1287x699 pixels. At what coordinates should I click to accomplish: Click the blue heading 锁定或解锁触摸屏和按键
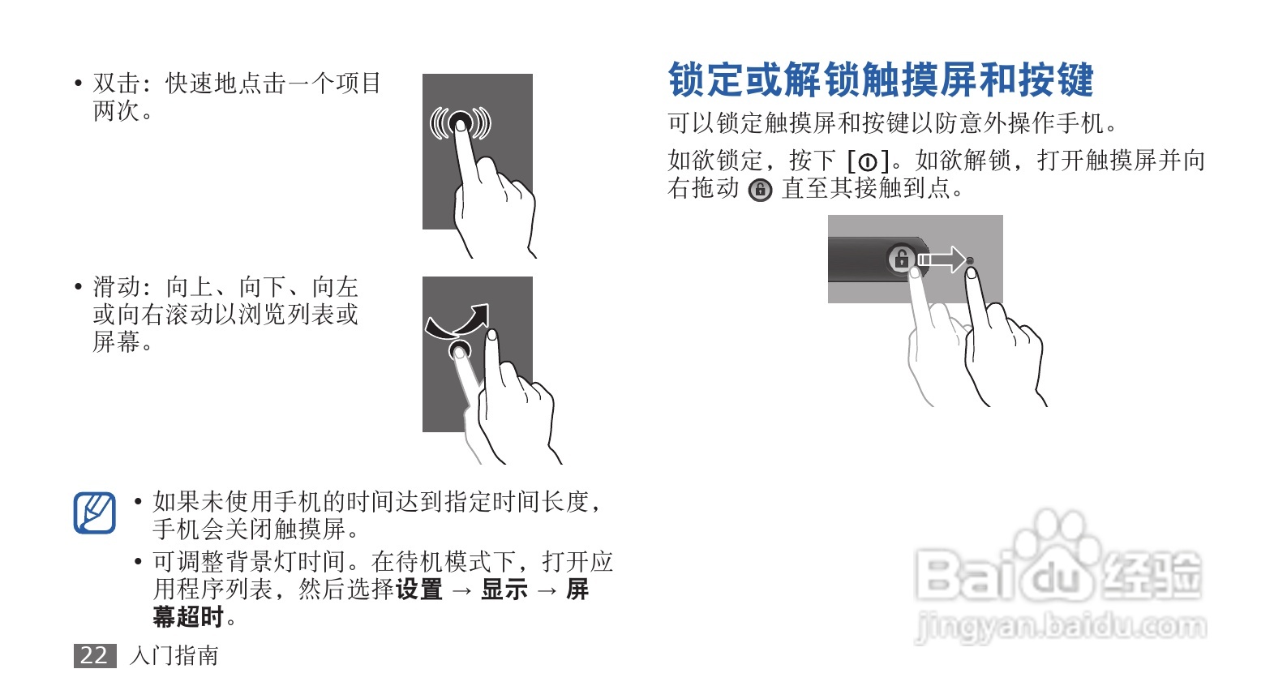[881, 79]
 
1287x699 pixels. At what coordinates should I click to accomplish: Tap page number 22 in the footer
[94, 655]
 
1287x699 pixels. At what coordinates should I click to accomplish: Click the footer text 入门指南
[174, 655]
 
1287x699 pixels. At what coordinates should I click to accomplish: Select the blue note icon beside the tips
[95, 512]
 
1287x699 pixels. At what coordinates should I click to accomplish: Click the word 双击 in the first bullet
[117, 84]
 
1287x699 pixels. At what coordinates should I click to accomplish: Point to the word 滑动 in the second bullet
[117, 286]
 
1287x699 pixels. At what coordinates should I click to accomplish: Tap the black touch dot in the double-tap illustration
[460, 122]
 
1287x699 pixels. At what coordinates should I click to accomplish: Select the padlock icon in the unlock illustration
[902, 259]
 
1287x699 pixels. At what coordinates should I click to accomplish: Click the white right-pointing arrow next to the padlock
[942, 259]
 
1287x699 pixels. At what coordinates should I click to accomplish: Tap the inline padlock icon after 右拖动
[760, 190]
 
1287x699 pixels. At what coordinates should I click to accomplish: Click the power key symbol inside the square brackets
[868, 162]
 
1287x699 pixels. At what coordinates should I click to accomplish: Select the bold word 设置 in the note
[418, 590]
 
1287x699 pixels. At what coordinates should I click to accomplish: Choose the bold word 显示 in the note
[504, 590]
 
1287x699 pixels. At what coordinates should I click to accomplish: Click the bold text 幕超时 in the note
[188, 617]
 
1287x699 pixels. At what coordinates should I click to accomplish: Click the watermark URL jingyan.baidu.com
[1061, 627]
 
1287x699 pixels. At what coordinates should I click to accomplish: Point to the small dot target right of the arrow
[971, 261]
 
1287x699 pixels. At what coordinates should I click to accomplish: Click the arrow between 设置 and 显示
[462, 590]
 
